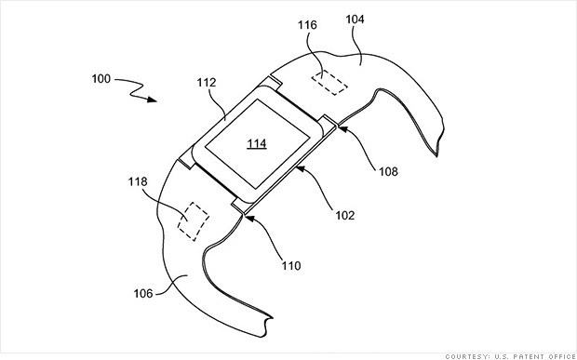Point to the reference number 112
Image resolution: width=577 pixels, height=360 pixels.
(207, 81)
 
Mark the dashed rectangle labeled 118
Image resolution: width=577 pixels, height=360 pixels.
(193, 220)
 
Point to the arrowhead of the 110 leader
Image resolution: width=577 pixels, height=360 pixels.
(247, 213)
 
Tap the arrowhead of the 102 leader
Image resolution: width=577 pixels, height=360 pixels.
(296, 167)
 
